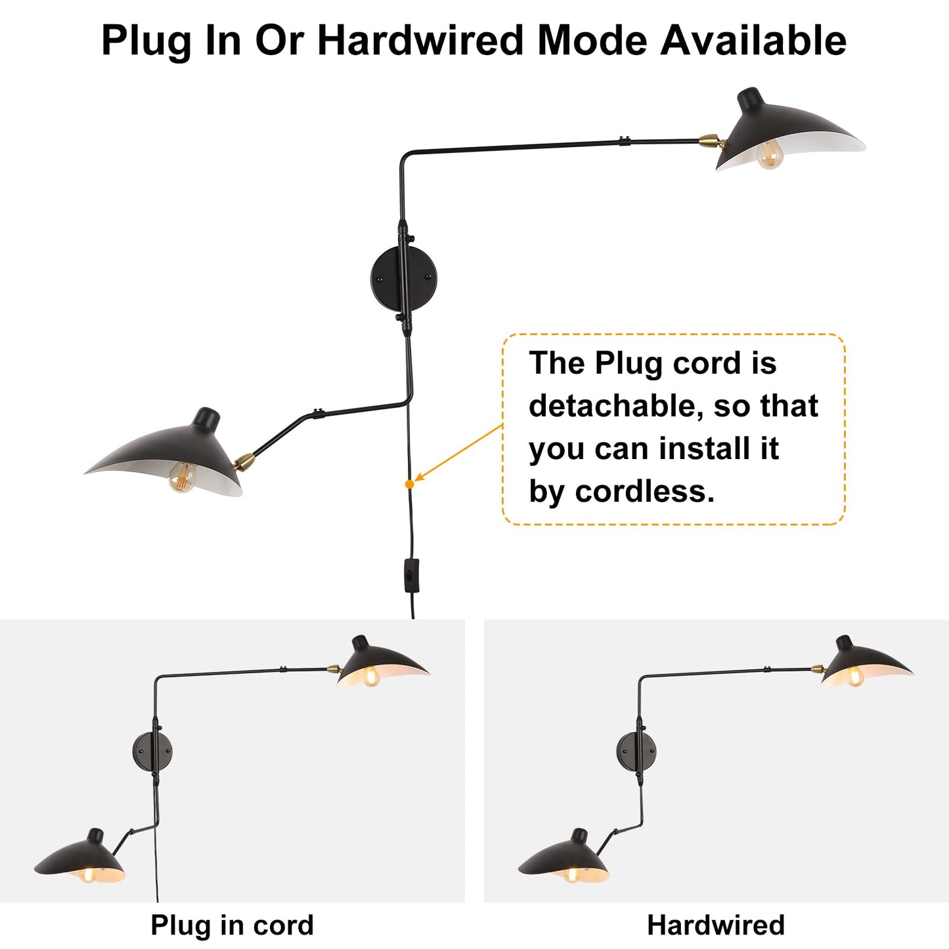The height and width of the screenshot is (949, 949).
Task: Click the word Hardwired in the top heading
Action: [420, 40]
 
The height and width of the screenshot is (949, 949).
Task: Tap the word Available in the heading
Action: [753, 40]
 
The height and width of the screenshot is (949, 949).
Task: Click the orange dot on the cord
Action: [409, 484]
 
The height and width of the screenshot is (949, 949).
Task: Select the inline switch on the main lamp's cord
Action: [411, 575]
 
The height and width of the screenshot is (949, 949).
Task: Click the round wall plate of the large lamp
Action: [403, 278]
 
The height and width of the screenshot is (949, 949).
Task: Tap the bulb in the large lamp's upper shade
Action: [769, 154]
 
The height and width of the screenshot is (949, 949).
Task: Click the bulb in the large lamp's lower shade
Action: [182, 477]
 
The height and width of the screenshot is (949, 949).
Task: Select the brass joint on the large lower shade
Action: [244, 462]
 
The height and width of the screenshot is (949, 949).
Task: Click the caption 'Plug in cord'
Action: [232, 925]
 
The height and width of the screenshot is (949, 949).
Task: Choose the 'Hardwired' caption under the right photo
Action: [716, 925]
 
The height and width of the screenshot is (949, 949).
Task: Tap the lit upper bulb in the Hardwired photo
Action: [855, 676]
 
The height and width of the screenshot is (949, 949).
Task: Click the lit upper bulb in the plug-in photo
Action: [371, 676]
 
